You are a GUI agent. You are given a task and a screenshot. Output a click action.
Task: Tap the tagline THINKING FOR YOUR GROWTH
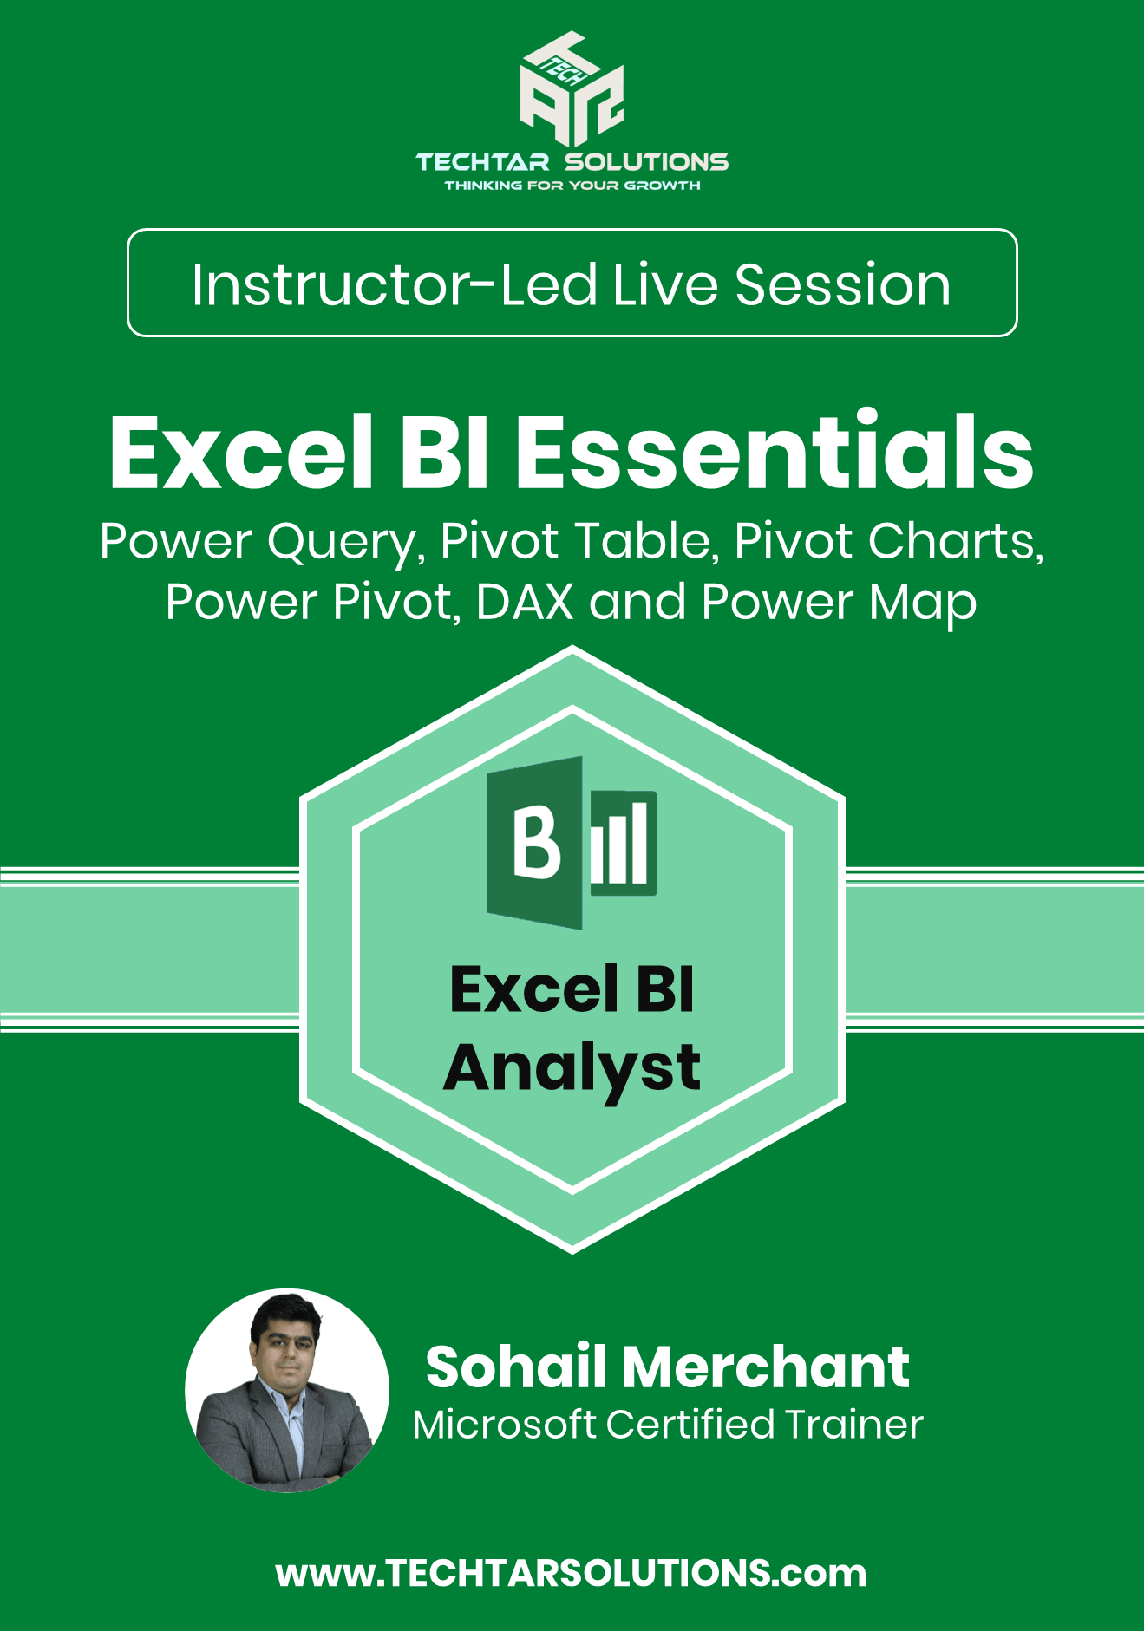(572, 186)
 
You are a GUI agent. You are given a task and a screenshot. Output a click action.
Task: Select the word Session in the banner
(843, 284)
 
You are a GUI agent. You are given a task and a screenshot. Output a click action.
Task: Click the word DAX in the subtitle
(525, 602)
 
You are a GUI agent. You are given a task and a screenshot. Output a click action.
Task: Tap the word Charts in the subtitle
(955, 542)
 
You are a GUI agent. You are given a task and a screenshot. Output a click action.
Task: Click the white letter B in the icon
(535, 842)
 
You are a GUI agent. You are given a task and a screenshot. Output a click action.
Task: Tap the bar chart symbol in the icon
(623, 843)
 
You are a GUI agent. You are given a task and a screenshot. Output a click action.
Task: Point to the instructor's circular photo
(287, 1390)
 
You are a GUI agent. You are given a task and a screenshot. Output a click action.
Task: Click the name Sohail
(516, 1367)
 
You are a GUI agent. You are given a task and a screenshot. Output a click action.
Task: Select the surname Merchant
(766, 1367)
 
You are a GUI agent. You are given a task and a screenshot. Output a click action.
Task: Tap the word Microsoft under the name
(505, 1425)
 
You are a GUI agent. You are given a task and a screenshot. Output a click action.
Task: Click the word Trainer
(853, 1425)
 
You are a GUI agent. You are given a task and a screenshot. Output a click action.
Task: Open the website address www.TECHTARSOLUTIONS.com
(572, 1573)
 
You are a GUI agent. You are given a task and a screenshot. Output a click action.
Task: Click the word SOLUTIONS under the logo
(647, 162)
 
